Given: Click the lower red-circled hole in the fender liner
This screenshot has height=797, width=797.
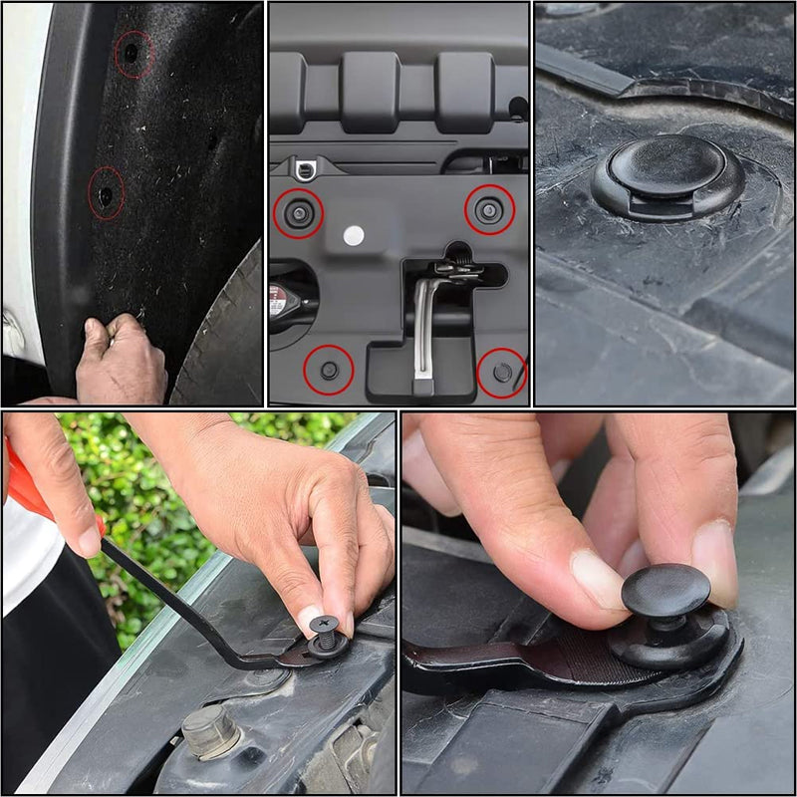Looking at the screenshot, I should pos(106,195).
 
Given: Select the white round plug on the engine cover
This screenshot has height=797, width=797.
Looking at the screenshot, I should pos(353,235).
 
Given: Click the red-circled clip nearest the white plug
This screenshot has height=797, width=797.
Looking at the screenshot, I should pos(298,212).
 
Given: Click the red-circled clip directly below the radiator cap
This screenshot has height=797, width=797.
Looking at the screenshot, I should pos(329,370).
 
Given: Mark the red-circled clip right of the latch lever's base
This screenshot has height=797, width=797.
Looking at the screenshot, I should pos(501,372).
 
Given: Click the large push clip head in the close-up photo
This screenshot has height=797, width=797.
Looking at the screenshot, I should pos(666,169).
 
